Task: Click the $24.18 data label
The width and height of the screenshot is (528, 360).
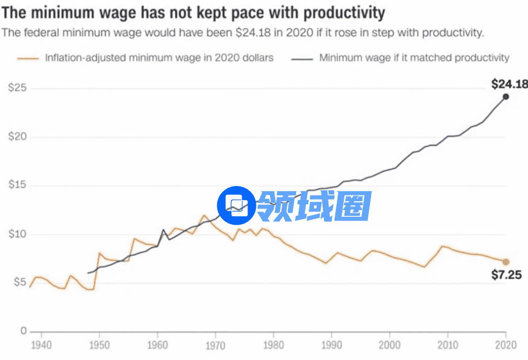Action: point(509,84)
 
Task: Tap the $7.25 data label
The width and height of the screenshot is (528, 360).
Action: point(506,275)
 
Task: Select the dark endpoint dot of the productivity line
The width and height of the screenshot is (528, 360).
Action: point(505,97)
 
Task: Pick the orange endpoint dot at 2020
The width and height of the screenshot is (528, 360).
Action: point(505,262)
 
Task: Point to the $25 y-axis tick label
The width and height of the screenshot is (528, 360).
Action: point(17,88)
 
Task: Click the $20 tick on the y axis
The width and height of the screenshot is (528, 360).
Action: point(17,137)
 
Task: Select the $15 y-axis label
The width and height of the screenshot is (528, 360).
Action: point(17,185)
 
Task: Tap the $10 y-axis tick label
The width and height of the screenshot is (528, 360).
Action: point(17,234)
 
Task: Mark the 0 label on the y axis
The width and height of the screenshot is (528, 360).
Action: point(24,331)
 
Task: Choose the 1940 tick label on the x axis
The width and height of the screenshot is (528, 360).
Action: point(41,345)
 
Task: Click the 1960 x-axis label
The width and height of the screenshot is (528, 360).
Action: point(157,345)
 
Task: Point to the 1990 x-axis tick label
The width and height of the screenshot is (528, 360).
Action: point(331,345)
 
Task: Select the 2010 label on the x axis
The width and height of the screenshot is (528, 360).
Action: point(447,345)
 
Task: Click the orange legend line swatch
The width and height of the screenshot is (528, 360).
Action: point(28,58)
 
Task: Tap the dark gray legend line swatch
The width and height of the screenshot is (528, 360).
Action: point(301,58)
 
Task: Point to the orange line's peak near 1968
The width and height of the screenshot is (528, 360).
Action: point(204,215)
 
